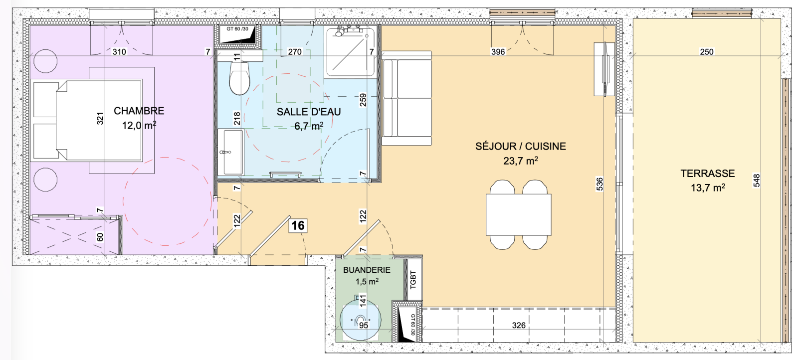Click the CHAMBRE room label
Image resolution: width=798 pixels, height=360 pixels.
tap(139, 111)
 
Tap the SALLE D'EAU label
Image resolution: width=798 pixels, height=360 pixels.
tap(309, 112)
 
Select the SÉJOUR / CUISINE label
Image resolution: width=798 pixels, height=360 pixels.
tap(521, 147)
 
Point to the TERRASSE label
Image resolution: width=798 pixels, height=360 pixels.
tap(708, 174)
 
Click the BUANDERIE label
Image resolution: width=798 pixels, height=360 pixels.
tap(367, 270)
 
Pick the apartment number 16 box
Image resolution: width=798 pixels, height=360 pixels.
tap(298, 225)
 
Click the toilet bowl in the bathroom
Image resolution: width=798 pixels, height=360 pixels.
tap(239, 78)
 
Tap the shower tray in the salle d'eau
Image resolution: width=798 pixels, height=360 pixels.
tap(350, 52)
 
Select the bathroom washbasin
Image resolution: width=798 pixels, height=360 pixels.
tap(231, 152)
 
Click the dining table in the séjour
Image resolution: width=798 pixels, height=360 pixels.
tap(518, 214)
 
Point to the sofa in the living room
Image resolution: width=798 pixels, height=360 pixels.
tap(406, 98)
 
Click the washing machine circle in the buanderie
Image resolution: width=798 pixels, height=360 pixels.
tap(361, 320)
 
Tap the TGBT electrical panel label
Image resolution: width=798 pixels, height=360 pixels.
tap(413, 280)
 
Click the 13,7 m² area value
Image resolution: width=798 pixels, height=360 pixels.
tap(708, 187)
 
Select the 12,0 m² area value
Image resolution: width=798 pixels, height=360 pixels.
tap(139, 125)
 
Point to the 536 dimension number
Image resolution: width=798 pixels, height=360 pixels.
tap(599, 184)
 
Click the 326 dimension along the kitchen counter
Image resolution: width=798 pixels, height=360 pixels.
tap(519, 325)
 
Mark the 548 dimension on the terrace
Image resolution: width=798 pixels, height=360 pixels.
tap(757, 180)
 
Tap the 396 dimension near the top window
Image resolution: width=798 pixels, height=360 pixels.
tap(498, 52)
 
